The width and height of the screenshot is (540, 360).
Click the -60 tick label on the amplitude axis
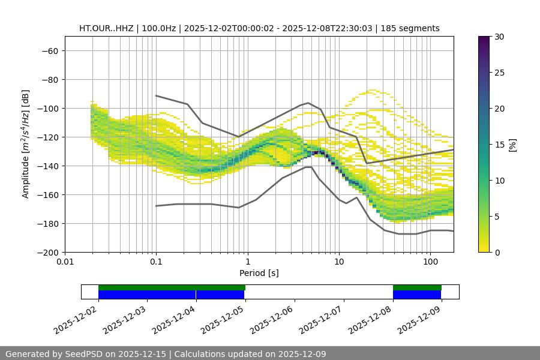coord(49,51)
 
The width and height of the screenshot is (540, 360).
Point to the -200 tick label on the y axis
coord(46,253)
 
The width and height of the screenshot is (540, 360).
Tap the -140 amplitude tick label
coord(46,166)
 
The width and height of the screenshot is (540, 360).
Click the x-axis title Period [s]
coord(259,273)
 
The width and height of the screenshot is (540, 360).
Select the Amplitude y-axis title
coord(26,144)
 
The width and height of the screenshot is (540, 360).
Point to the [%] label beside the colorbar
coord(512,145)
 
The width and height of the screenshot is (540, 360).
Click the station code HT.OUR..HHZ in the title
coord(106,28)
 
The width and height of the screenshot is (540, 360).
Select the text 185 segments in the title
coord(414,28)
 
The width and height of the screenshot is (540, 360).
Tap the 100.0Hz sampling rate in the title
coord(158,28)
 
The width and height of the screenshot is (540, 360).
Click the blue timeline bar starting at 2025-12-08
coord(417,295)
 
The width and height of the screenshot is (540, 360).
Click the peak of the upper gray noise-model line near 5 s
coord(308,103)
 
